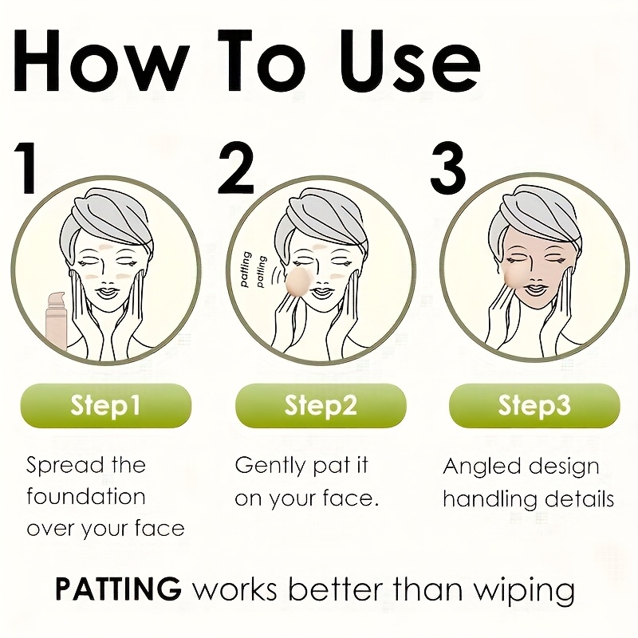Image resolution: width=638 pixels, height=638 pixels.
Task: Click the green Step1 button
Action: tap(106, 406)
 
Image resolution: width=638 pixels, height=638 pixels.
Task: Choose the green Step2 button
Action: tap(321, 406)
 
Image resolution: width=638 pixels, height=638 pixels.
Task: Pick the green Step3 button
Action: tap(534, 406)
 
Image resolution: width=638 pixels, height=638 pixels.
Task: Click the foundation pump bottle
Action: tap(57, 321)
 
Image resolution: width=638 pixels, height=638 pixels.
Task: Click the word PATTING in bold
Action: tap(118, 589)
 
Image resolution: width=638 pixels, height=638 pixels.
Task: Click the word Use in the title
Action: tap(410, 61)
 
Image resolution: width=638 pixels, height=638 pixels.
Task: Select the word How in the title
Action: tap(102, 61)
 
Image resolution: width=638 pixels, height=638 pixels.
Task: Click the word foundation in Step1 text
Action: tap(86, 497)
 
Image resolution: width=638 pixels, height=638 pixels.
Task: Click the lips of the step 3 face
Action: tap(537, 289)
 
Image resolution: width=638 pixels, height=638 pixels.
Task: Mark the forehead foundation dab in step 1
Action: tap(106, 247)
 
